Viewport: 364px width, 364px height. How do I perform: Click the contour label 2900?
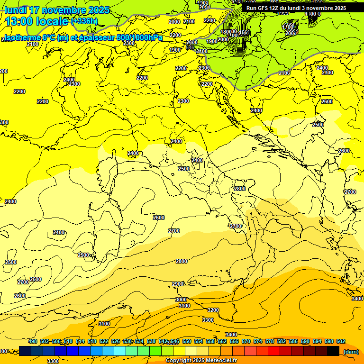point(178,284)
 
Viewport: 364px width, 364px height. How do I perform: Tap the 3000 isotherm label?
point(181,300)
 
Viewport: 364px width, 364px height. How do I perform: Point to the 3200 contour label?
point(213,310)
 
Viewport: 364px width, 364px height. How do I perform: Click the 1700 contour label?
point(288,27)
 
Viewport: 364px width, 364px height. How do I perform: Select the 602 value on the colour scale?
point(341,341)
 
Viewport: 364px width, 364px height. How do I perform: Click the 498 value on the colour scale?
point(33,341)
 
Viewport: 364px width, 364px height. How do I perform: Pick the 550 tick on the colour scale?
point(187,341)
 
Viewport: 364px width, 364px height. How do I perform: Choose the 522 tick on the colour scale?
point(104,341)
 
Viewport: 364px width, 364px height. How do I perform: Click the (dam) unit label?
point(351,351)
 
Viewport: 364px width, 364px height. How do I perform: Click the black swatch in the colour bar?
point(333,351)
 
